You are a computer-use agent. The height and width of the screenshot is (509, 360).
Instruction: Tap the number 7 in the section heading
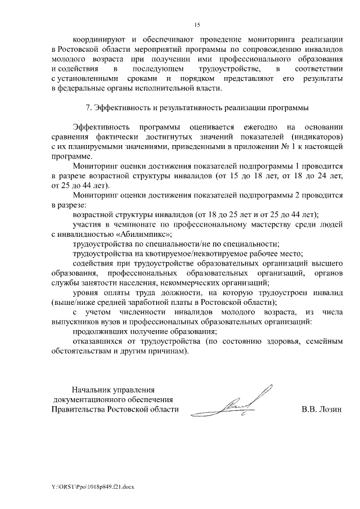pyautogui.click(x=86, y=107)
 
